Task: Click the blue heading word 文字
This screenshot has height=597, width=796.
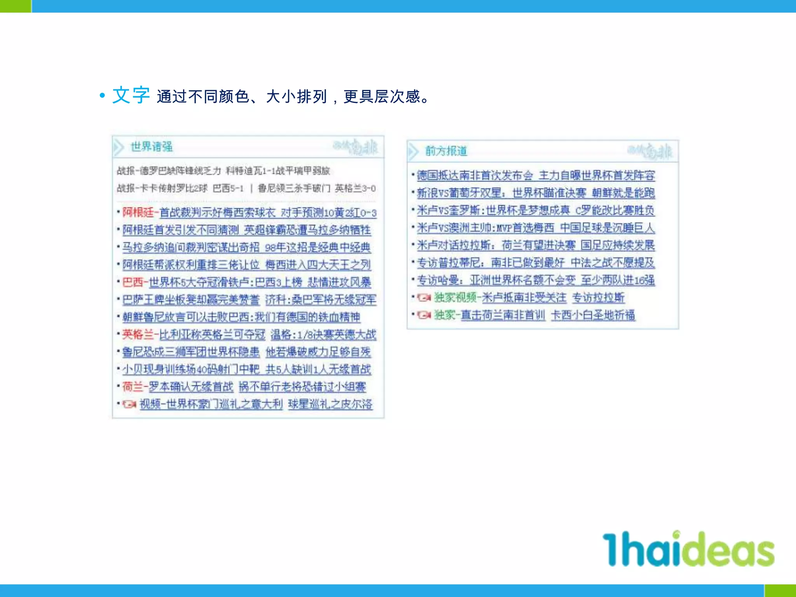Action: [131, 95]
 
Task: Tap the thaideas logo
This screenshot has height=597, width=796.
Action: [688, 548]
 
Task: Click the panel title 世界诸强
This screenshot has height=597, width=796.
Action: [152, 147]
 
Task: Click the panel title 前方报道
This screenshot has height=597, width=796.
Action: [446, 151]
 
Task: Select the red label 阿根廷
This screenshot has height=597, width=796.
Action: [138, 212]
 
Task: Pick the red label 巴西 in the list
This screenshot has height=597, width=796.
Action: [133, 282]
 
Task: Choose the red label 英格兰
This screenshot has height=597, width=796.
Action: [138, 334]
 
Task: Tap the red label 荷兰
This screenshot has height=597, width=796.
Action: [133, 387]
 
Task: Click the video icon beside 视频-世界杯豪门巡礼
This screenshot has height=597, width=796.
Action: [129, 404]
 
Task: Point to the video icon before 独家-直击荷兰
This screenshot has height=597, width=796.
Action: [424, 315]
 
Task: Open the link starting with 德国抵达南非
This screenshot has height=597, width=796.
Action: [536, 175]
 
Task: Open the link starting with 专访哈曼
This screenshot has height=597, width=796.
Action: [536, 280]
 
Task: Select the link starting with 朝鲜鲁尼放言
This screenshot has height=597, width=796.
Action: [241, 317]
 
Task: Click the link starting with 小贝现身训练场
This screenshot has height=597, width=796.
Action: [246, 369]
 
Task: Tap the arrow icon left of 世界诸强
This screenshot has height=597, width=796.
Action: [119, 147]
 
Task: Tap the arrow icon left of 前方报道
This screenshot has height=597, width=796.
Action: [413, 151]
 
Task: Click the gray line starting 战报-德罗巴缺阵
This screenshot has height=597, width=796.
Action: [223, 171]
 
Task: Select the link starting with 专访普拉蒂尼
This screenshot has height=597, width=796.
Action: [536, 263]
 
